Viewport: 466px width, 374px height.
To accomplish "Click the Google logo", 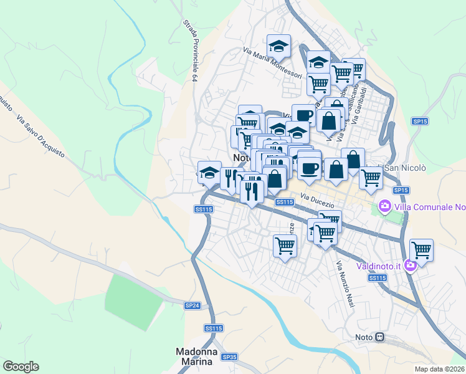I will click(x=21, y=367).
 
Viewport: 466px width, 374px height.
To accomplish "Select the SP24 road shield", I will click(x=193, y=305).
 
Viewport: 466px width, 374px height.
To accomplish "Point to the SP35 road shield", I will click(x=230, y=357).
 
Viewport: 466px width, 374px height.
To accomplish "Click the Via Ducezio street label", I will click(x=318, y=201).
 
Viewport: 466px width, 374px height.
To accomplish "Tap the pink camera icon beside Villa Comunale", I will click(x=385, y=206).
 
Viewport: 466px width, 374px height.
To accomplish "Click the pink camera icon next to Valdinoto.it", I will click(x=410, y=266).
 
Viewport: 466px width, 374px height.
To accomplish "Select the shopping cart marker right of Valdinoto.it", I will click(x=422, y=250).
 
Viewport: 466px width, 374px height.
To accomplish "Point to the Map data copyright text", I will click(x=440, y=368).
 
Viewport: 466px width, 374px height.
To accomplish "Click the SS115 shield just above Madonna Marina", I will click(x=213, y=328).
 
